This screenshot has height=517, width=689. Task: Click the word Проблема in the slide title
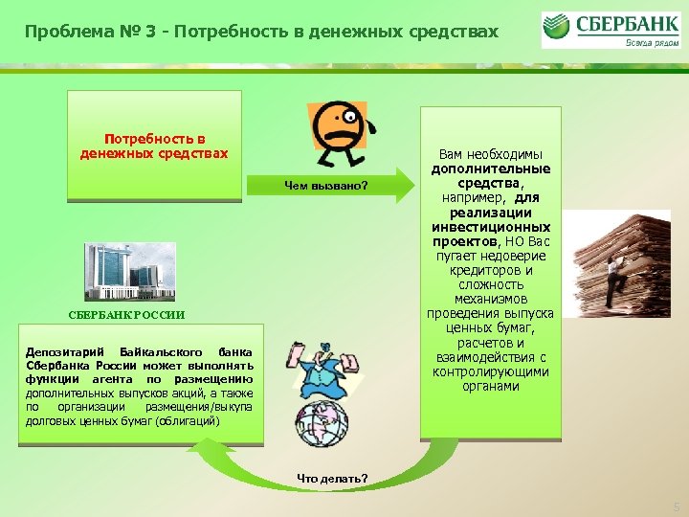(63, 33)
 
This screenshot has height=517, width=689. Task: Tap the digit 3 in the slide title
(140, 33)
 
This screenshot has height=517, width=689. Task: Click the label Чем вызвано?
(326, 186)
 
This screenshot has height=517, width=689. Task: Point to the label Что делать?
(331, 478)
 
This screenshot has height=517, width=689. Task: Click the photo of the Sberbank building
(130, 271)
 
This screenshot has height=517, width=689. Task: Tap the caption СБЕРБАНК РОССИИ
(125, 315)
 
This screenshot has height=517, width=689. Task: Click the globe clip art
(322, 427)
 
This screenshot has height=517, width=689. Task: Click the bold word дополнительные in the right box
(490, 169)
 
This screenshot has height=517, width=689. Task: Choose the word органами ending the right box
(490, 386)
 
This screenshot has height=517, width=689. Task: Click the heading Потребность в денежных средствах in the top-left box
(154, 146)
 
